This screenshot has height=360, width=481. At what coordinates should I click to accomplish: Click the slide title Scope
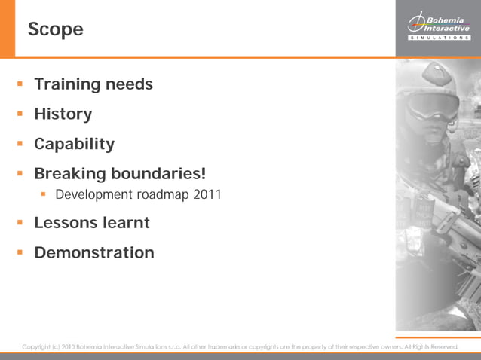point(55,30)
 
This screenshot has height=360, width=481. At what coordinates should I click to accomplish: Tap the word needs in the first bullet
point(128,84)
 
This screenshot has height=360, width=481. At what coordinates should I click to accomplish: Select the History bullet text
point(63,114)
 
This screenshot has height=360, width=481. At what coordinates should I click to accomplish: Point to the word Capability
point(74,144)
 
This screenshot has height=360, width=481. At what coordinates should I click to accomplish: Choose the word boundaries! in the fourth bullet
point(158,174)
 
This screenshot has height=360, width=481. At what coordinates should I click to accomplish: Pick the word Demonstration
point(94,253)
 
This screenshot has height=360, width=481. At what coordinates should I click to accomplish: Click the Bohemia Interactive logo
point(438,26)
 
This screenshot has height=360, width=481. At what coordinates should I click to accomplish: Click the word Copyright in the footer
point(36,347)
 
